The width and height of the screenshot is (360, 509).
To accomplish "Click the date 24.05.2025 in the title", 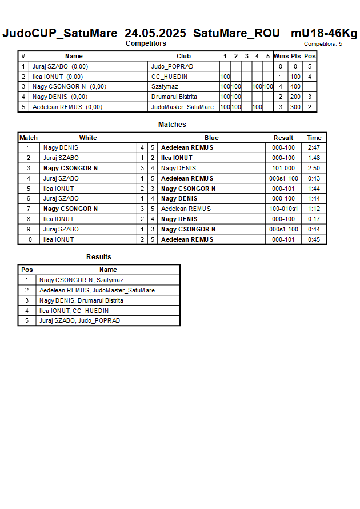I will (155, 33).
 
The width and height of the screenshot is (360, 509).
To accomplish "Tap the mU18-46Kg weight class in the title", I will (323, 33).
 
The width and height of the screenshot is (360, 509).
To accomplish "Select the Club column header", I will (183, 56).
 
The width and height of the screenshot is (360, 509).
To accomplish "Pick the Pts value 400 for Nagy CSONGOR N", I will (295, 87).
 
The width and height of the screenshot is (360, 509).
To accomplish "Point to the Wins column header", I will (281, 56).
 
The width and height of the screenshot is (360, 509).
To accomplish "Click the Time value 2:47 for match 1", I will (314, 147).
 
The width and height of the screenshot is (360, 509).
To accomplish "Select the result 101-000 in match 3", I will (283, 168).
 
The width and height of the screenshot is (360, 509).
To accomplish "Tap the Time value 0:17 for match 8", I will (314, 219).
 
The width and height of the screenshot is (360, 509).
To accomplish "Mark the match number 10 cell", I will (29, 239).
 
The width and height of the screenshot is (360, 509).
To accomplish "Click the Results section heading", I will (99, 257).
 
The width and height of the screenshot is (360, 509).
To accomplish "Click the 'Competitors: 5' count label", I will (323, 44).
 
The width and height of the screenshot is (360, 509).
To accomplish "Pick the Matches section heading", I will (172, 125).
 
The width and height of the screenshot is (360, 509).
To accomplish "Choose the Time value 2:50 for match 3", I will (314, 168).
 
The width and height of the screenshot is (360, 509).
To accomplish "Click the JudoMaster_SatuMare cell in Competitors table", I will (182, 107).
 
